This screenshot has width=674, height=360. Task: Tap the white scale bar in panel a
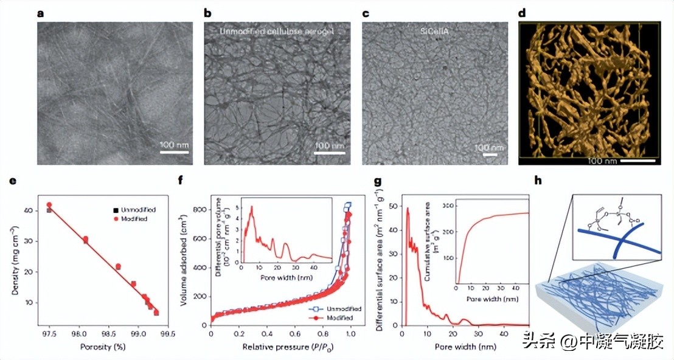(x=174, y=152)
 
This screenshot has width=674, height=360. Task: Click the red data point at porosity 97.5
(x=49, y=206)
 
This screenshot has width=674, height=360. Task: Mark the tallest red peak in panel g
(x=408, y=209)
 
